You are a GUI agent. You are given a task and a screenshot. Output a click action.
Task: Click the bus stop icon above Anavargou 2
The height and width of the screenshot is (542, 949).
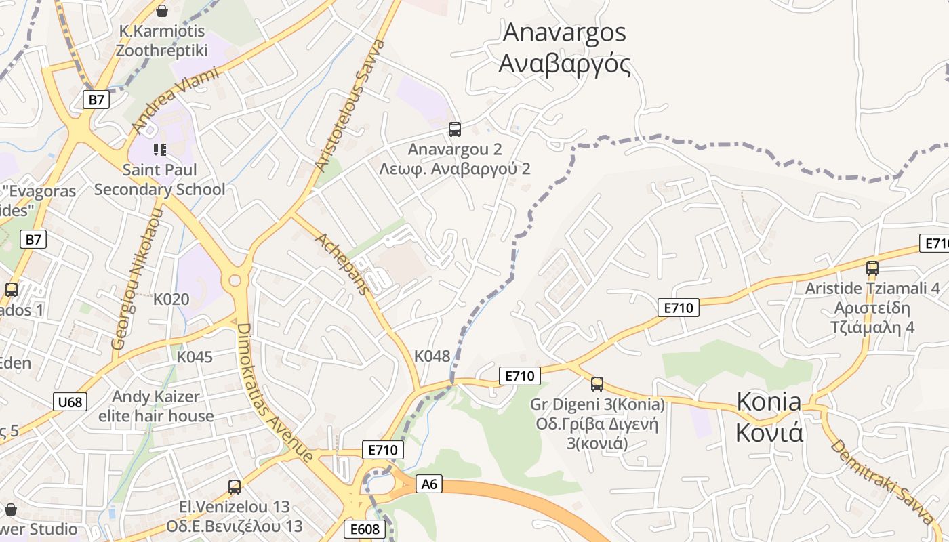(x=455, y=129)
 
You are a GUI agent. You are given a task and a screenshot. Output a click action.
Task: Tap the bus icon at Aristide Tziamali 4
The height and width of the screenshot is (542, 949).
(x=872, y=268)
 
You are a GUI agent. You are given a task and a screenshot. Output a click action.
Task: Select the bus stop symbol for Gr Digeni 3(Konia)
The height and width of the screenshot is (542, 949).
(x=597, y=384)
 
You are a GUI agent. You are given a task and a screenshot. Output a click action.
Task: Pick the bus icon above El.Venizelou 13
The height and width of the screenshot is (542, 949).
(x=235, y=486)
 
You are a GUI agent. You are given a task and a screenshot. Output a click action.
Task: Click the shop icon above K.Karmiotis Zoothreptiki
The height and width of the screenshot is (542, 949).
(x=162, y=11)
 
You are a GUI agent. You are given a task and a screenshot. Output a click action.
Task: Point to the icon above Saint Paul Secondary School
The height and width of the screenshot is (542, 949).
(x=160, y=149)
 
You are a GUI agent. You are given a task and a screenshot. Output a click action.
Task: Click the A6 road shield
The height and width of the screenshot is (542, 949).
(x=430, y=484)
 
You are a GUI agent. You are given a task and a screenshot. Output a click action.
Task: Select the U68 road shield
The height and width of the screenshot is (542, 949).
(x=70, y=402)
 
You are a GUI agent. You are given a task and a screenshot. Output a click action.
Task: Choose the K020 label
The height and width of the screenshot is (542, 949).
(x=171, y=299)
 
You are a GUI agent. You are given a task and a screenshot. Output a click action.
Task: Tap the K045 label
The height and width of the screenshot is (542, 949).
(x=195, y=356)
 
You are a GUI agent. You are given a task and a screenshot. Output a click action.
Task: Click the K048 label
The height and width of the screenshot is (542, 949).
(x=432, y=356)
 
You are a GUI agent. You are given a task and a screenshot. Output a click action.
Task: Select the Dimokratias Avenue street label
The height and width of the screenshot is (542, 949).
(x=274, y=392)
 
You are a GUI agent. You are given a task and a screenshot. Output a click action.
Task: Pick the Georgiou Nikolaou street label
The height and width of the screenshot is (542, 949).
(x=138, y=279)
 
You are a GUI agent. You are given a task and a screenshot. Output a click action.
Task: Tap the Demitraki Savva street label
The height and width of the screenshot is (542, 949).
(x=882, y=482)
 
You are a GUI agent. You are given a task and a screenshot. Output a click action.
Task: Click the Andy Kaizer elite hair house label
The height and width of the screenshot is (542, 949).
(x=156, y=406)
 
